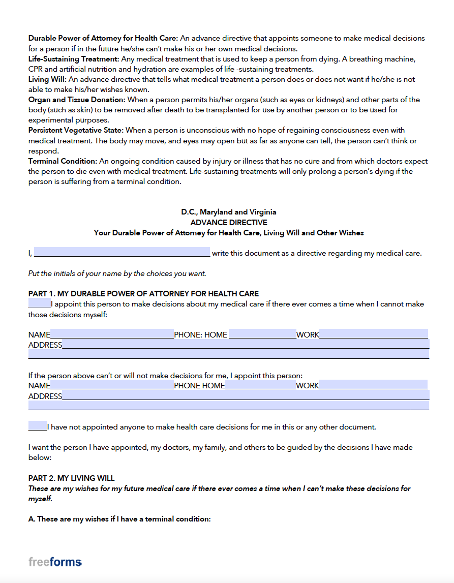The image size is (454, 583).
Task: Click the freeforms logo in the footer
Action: pos(55,562)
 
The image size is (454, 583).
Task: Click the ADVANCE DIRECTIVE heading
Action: pos(228,223)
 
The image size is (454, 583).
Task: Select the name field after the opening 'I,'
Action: pos(122,253)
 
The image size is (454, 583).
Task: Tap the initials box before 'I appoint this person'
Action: pos(39,304)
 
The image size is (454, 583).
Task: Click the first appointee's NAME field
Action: pos(112,334)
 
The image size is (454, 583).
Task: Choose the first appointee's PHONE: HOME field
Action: pos(262,334)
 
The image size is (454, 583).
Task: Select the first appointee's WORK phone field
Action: pos(374,334)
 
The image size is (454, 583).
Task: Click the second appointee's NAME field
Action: pos(112,385)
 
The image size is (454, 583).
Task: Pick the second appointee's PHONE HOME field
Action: pos(260,385)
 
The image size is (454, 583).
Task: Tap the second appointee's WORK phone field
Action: pos(374,385)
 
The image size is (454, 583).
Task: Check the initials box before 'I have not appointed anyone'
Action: pos(38,426)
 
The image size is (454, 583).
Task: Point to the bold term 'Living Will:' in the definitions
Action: pos(47,79)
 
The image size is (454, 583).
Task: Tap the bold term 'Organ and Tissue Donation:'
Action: pos(76,100)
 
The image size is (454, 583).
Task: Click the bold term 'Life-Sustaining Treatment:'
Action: pos(74,59)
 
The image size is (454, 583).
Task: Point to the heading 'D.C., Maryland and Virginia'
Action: pos(228,212)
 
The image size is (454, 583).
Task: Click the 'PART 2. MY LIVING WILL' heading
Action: pos(72,478)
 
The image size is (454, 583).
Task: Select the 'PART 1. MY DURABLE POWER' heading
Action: pos(143,294)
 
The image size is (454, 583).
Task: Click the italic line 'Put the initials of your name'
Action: pos(117,273)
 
